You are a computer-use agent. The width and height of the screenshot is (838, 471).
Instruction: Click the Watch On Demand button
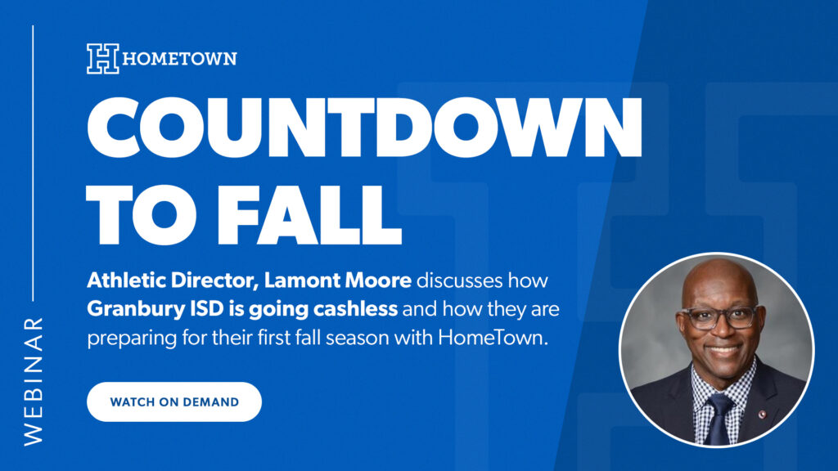tap(174, 401)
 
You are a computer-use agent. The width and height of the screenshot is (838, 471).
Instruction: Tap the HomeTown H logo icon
tap(103, 58)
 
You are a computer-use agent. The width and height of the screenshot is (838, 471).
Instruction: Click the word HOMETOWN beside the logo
tap(179, 58)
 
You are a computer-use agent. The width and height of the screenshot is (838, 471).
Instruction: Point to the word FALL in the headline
tap(310, 214)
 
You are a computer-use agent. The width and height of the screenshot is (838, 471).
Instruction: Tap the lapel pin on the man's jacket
tap(763, 415)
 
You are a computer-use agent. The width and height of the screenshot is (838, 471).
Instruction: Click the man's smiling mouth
tap(723, 351)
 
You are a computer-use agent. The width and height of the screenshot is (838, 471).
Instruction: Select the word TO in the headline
tap(146, 214)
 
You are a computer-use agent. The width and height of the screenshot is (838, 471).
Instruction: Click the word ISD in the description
tap(207, 308)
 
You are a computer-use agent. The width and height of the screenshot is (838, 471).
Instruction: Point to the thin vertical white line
tap(33, 163)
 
